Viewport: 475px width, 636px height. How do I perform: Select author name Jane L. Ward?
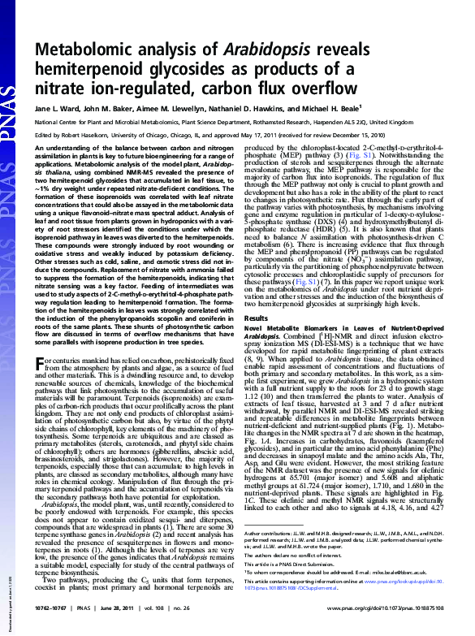tap(61, 107)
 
